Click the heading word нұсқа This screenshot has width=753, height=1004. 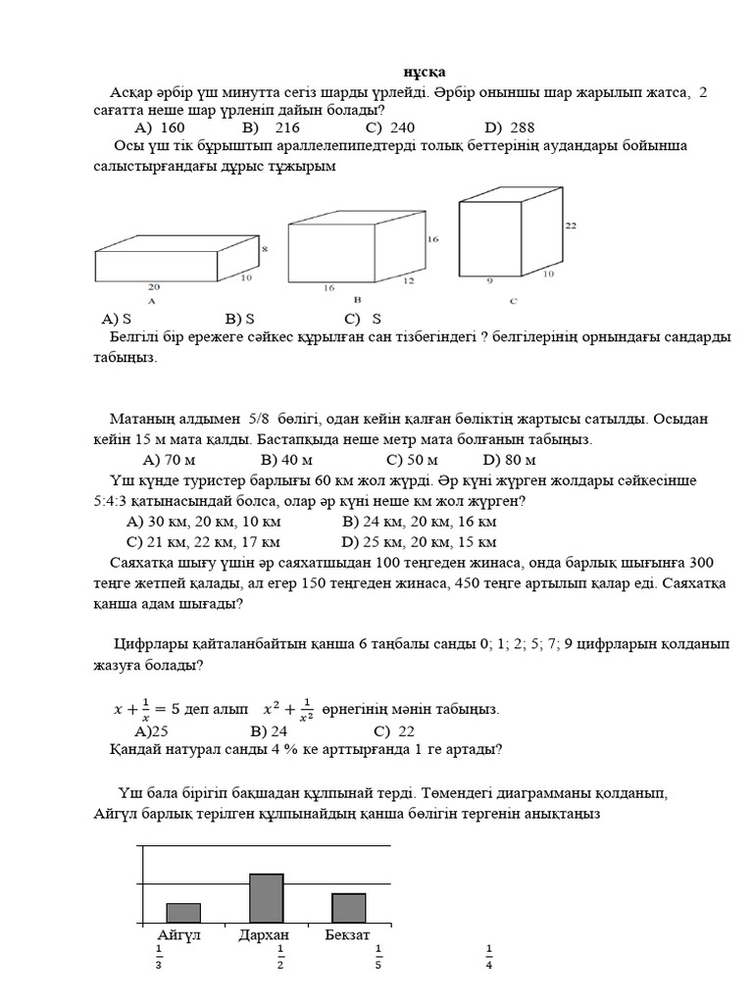426,74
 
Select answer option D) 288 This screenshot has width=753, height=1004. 508,127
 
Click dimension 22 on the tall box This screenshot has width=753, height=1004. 571,226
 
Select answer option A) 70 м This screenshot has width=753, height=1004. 170,459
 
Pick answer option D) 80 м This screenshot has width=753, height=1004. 510,459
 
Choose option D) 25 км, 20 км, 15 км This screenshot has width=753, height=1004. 419,541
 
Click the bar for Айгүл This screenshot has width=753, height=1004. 183,913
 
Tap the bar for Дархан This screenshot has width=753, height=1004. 266,898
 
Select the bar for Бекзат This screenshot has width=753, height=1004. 348,908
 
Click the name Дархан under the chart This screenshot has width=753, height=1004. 264,934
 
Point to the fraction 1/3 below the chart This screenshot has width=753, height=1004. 158,956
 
